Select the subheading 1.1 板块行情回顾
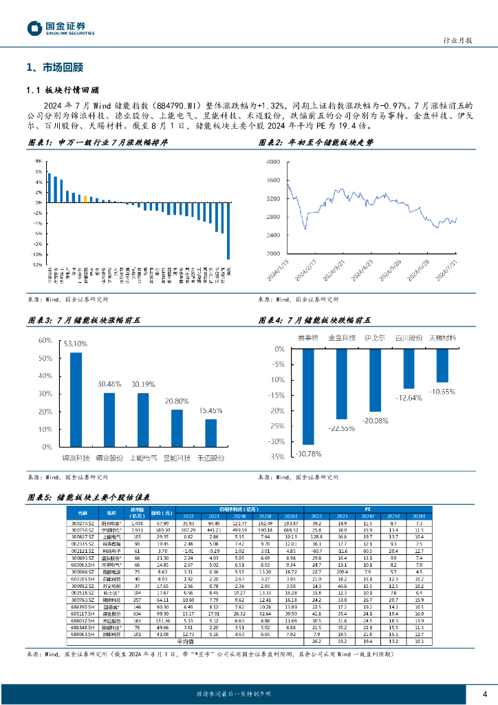[62, 90]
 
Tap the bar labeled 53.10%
[76, 396]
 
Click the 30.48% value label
[110, 384]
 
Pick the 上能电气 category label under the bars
[142, 456]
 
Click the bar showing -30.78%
[307, 396]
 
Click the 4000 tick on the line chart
[272, 162]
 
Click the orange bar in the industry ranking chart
[85, 199]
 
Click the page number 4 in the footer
[485, 693]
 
